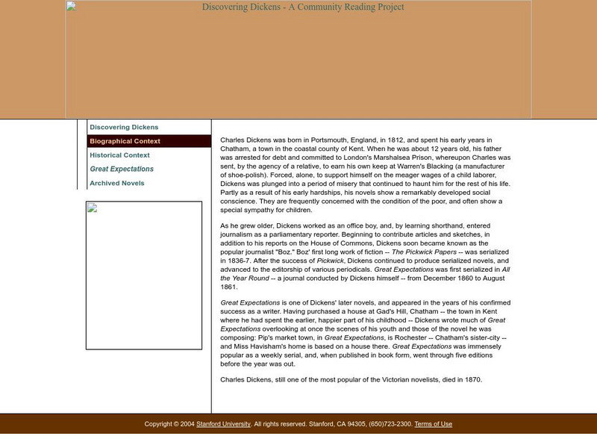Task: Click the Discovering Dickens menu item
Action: [x=124, y=128]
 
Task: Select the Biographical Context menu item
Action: [x=125, y=141]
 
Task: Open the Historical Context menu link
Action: [x=119, y=155]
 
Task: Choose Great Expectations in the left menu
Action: [x=122, y=169]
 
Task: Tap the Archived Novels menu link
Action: [x=117, y=183]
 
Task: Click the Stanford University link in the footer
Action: [x=223, y=424]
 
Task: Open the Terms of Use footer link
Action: [x=433, y=424]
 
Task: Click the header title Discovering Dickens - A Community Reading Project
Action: [x=303, y=7]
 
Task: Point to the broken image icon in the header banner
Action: [x=71, y=7]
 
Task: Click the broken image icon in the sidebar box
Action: [x=93, y=208]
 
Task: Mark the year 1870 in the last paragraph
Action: [x=472, y=379]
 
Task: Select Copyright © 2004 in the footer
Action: [x=169, y=424]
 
